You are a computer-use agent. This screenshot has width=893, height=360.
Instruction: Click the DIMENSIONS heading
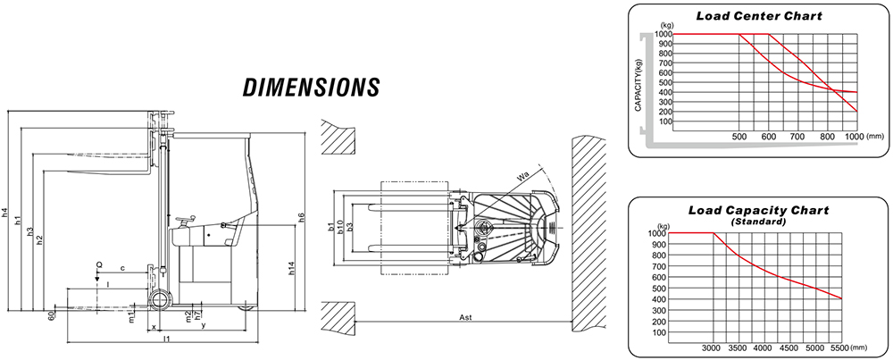pyautogui.click(x=311, y=88)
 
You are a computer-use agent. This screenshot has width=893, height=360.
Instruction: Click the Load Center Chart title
pyautogui.click(x=759, y=16)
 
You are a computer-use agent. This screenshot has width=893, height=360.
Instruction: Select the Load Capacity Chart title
pyautogui.click(x=758, y=210)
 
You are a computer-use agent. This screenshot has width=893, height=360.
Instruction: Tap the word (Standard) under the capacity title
pyautogui.click(x=758, y=222)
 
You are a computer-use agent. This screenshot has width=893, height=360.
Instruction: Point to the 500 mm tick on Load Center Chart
pyautogui.click(x=739, y=137)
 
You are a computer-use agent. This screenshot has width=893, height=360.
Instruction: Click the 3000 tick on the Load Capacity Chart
pyautogui.click(x=713, y=348)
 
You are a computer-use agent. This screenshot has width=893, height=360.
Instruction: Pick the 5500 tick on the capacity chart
pyautogui.click(x=840, y=348)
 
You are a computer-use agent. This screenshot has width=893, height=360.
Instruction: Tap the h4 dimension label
pyautogui.click(x=5, y=212)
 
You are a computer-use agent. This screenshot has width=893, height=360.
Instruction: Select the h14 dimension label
pyautogui.click(x=292, y=268)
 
